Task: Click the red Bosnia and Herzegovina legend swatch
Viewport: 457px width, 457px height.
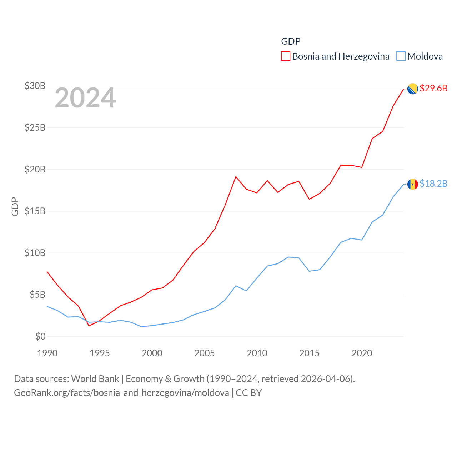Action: [x=286, y=56]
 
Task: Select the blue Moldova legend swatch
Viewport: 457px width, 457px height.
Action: [x=401, y=56]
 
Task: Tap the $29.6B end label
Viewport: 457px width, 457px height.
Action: [x=433, y=88]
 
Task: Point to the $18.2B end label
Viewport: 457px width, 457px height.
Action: [x=433, y=184]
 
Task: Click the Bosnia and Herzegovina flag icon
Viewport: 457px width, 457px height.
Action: [x=413, y=89]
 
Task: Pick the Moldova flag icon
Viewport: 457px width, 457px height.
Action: [x=413, y=184]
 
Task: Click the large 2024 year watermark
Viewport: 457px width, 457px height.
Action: [x=85, y=98]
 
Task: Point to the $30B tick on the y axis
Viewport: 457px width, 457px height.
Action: [x=35, y=86]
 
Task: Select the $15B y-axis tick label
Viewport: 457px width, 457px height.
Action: [x=35, y=211]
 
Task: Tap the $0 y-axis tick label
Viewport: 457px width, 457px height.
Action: [x=40, y=336]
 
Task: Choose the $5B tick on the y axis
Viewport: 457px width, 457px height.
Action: [x=37, y=295]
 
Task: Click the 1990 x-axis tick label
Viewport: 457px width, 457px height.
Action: [x=47, y=353]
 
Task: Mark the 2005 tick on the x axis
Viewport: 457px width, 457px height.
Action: [x=205, y=353]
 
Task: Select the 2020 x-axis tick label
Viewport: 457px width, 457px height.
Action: [x=362, y=353]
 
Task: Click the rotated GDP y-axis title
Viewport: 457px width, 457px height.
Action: [x=15, y=206]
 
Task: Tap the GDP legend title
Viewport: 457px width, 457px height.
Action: [x=291, y=41]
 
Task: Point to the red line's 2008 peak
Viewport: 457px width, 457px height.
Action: [x=236, y=176]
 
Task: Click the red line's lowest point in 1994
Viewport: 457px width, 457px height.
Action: [x=89, y=326]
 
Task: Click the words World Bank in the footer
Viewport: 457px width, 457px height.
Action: [x=95, y=379]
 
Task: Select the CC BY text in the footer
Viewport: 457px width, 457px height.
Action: [x=249, y=393]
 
